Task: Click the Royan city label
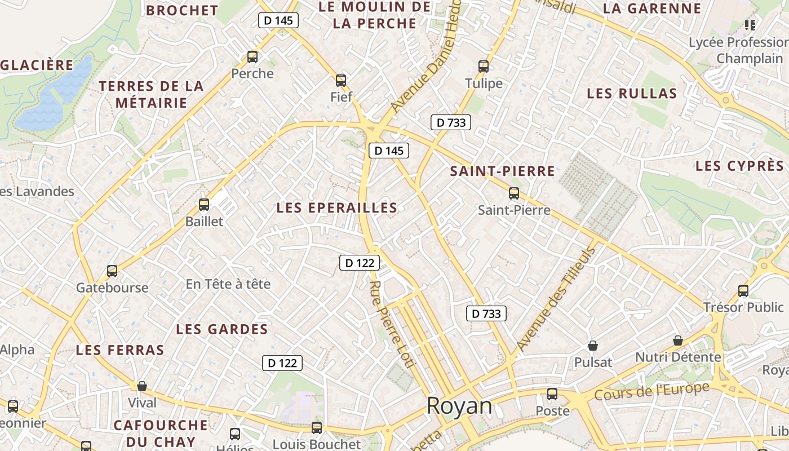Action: (x=459, y=406)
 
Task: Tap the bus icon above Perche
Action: (x=252, y=57)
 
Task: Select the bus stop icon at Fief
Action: (x=341, y=81)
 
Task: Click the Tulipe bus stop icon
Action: (x=484, y=67)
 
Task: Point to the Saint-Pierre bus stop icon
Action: (x=514, y=193)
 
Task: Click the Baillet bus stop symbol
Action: (x=204, y=205)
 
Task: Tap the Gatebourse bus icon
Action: (x=112, y=271)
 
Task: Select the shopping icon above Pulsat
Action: (x=593, y=345)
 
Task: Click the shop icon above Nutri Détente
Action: (x=678, y=341)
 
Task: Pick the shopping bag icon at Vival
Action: (x=142, y=386)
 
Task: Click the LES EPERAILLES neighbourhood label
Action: (x=337, y=208)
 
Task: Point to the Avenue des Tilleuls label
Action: (x=556, y=299)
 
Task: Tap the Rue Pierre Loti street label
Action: (x=392, y=324)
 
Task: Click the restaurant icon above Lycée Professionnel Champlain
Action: (x=750, y=25)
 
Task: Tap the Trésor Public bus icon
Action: (x=743, y=291)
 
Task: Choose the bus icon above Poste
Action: (x=552, y=394)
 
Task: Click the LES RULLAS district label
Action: (x=632, y=94)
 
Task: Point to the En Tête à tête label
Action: (x=228, y=284)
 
